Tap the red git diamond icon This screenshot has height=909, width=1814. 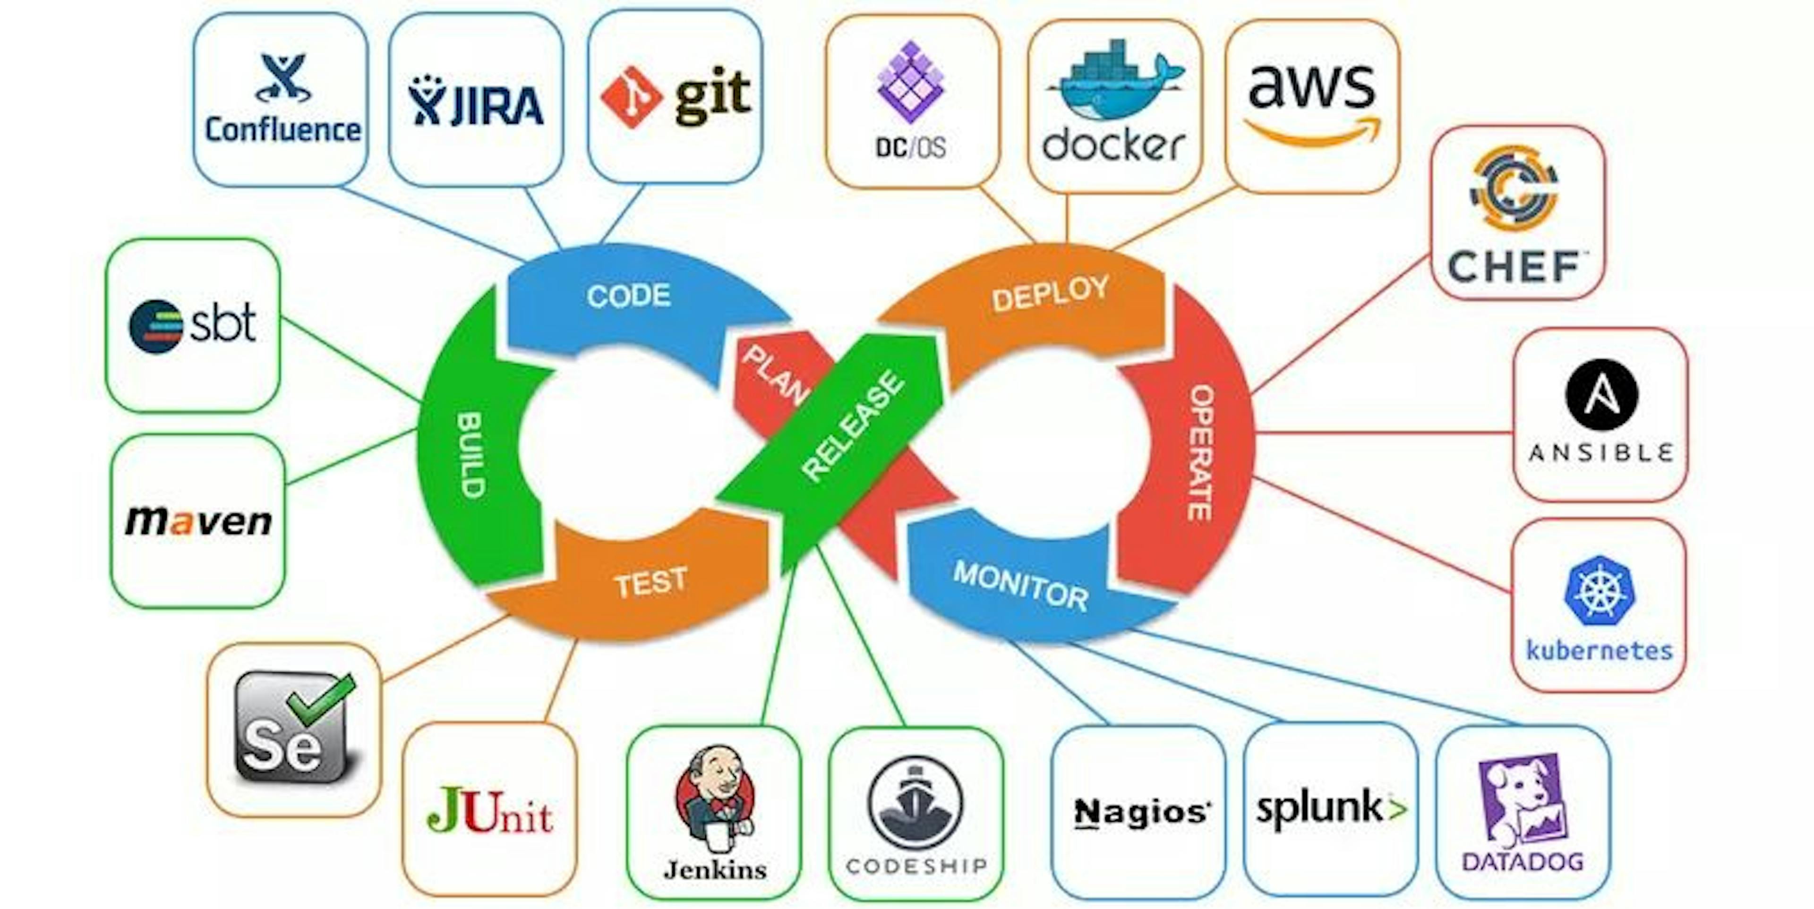(630, 97)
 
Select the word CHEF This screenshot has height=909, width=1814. (1514, 267)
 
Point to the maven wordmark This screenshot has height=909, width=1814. (198, 521)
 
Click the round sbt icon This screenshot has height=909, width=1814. (155, 326)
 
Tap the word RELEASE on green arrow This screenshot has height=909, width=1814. (854, 426)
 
